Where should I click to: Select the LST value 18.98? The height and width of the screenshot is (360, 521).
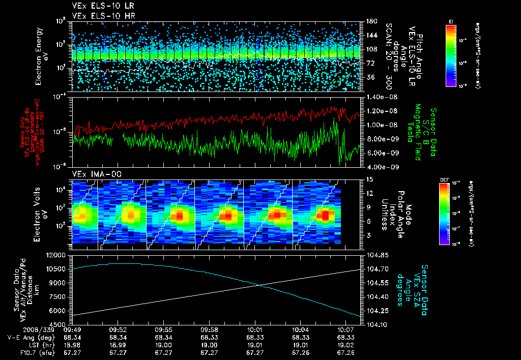tap(73, 344)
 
